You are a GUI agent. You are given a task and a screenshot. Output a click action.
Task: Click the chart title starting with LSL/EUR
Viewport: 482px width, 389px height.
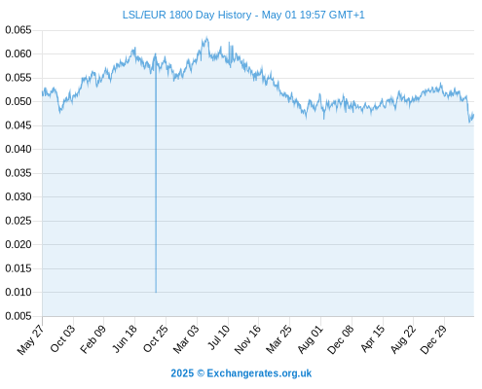click(243, 15)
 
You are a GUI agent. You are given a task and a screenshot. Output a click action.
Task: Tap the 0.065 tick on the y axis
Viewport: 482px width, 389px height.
click(19, 30)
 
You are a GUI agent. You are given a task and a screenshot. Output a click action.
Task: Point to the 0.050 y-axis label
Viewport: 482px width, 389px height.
click(19, 101)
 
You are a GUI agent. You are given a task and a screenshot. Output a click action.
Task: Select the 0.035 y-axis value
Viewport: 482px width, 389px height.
click(19, 173)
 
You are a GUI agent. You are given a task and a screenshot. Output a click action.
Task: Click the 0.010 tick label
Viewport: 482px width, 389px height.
click(19, 292)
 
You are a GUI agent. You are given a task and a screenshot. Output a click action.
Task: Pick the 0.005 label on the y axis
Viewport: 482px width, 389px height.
click(19, 316)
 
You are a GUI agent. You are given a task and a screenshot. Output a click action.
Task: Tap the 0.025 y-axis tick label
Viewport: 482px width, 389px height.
click(19, 221)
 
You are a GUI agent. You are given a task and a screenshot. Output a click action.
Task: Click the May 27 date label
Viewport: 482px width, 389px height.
click(30, 339)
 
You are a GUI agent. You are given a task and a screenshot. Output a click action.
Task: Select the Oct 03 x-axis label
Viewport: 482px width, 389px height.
click(62, 338)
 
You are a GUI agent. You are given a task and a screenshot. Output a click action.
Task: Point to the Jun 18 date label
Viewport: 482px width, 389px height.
click(125, 338)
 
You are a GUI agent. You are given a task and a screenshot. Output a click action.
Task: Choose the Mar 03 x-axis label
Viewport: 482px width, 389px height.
click(186, 339)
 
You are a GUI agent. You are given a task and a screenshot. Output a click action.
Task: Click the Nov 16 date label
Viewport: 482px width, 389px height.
click(247, 339)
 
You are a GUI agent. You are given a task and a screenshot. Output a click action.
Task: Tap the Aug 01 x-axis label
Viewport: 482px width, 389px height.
click(311, 339)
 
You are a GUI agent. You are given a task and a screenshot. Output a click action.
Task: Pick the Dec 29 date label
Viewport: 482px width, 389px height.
click(433, 339)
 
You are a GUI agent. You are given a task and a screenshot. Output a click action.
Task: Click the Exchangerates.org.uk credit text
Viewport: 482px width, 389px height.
click(259, 373)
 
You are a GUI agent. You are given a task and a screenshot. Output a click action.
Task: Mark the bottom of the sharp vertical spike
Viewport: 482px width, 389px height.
click(156, 292)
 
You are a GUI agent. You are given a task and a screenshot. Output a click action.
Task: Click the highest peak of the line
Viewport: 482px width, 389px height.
click(206, 38)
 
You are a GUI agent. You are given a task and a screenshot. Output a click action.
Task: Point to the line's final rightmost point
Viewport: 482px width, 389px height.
click(473, 114)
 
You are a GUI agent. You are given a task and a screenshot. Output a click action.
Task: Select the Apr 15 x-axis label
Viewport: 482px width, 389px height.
click(373, 338)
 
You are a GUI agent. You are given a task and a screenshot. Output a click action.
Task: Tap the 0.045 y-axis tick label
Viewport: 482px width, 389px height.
click(19, 125)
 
